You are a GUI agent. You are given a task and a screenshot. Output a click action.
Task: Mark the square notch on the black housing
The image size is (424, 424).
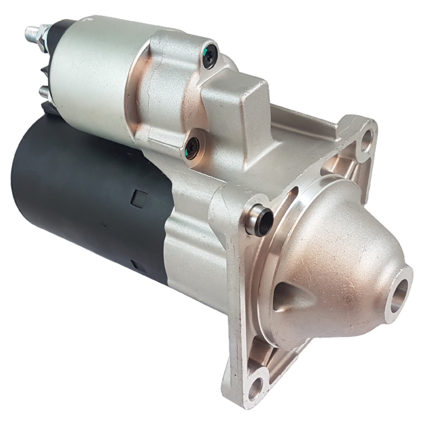[x=139, y=198]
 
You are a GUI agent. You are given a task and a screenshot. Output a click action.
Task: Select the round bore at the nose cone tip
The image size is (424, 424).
[x=399, y=293]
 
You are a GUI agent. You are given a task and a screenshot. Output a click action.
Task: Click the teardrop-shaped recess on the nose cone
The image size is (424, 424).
[x=293, y=297]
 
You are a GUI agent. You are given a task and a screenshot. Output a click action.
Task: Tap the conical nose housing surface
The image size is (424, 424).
[x=339, y=254]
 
